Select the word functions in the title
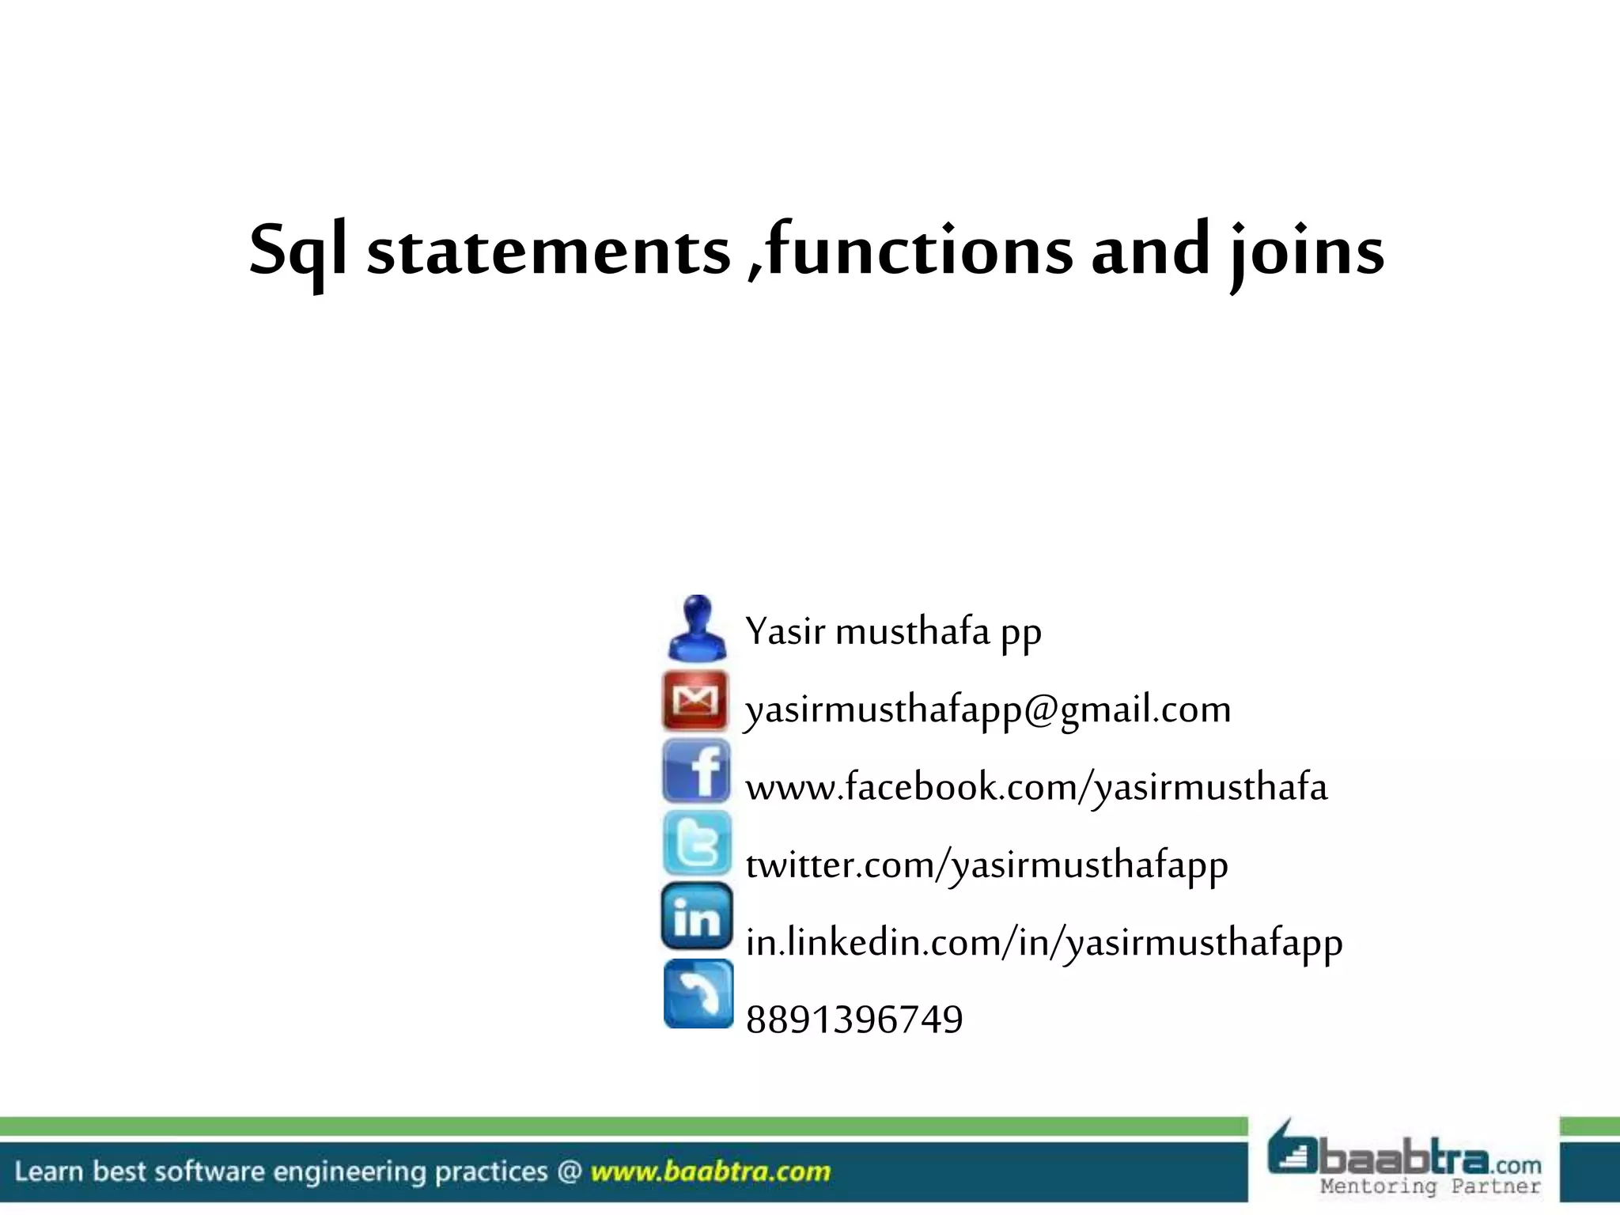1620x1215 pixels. pyautogui.click(x=919, y=250)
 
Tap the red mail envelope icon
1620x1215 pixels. pyautogui.click(x=695, y=700)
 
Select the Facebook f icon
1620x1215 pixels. pyautogui.click(x=697, y=771)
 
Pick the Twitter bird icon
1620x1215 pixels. pyautogui.click(x=697, y=843)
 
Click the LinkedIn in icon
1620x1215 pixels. pyautogui.click(x=697, y=916)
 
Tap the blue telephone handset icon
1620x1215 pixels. pyautogui.click(x=698, y=994)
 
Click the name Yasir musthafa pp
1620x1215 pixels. pyautogui.click(x=893, y=632)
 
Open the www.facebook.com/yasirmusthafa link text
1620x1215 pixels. pyautogui.click(x=1036, y=787)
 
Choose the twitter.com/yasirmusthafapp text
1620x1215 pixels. pyautogui.click(x=986, y=865)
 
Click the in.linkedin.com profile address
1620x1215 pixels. pyautogui.click(x=1044, y=942)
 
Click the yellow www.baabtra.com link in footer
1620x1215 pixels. pyautogui.click(x=710, y=1171)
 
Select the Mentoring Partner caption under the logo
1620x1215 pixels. pyautogui.click(x=1430, y=1187)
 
